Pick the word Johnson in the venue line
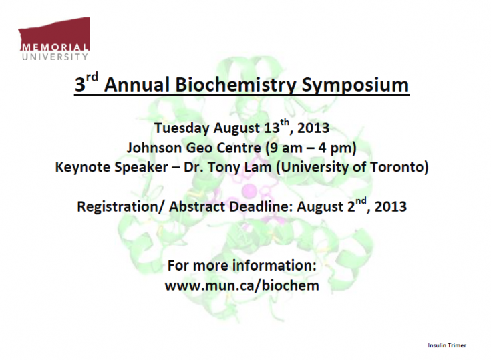pos(153,147)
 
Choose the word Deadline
pos(260,206)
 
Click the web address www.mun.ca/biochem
pos(242,285)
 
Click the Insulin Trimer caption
pos(447,345)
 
